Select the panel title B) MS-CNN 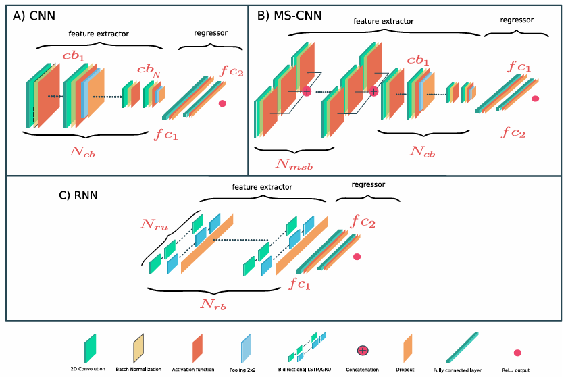[x=290, y=16]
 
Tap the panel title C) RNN [x=78, y=196]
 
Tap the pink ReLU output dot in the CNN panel [x=222, y=103]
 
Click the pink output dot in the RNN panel [x=357, y=257]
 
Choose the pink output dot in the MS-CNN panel [x=535, y=99]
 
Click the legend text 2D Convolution [x=88, y=369]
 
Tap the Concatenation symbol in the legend [x=363, y=351]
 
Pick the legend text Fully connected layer [x=463, y=370]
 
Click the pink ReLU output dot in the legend [x=517, y=353]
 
